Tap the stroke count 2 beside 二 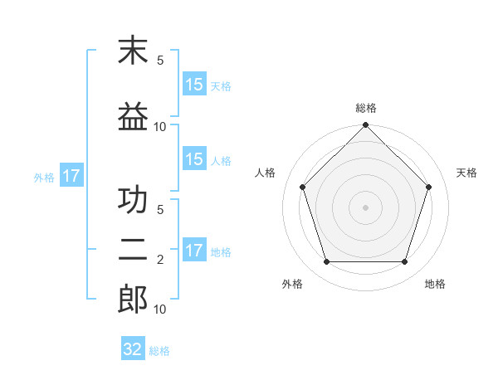160,260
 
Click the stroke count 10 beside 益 160,126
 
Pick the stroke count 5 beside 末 160,61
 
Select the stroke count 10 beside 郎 160,310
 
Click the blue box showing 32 133,349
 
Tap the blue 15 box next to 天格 194,84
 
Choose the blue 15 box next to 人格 194,159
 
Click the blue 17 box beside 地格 194,251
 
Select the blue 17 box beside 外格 71,176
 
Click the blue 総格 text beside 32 159,351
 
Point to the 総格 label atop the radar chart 366,108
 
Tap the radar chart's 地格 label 435,284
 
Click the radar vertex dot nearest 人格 302,187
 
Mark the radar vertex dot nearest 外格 326,262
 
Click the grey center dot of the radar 366,207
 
